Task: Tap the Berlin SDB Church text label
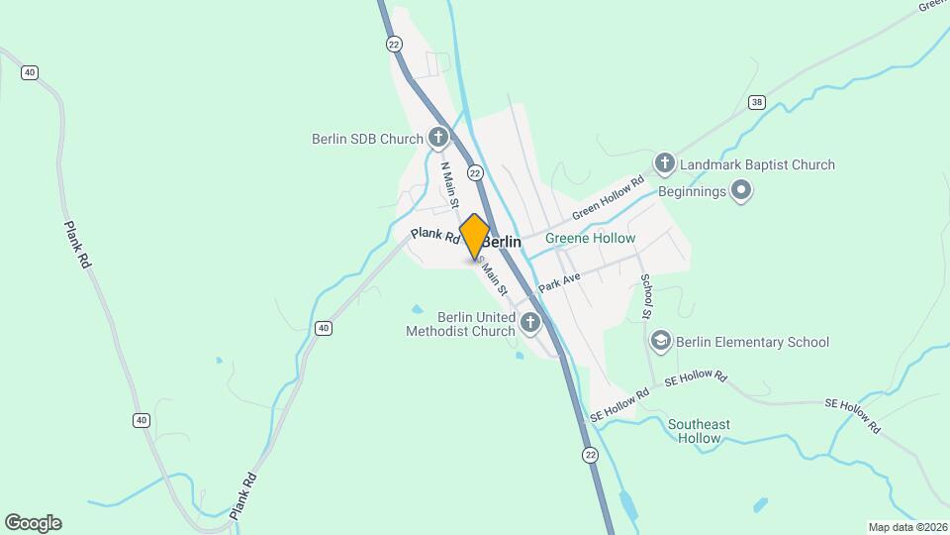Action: (x=367, y=140)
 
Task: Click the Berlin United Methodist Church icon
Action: (x=530, y=322)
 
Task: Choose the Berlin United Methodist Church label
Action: (x=461, y=324)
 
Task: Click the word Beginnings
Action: (x=691, y=190)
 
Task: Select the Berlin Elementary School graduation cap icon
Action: (x=660, y=342)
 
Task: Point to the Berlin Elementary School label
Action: (x=752, y=343)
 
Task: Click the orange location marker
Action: (x=475, y=238)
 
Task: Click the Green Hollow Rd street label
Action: (x=609, y=198)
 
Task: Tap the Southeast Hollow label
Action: (x=699, y=431)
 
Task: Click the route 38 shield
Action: (x=757, y=102)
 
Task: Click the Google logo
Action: (x=33, y=523)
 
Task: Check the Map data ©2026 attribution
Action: (x=907, y=527)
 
